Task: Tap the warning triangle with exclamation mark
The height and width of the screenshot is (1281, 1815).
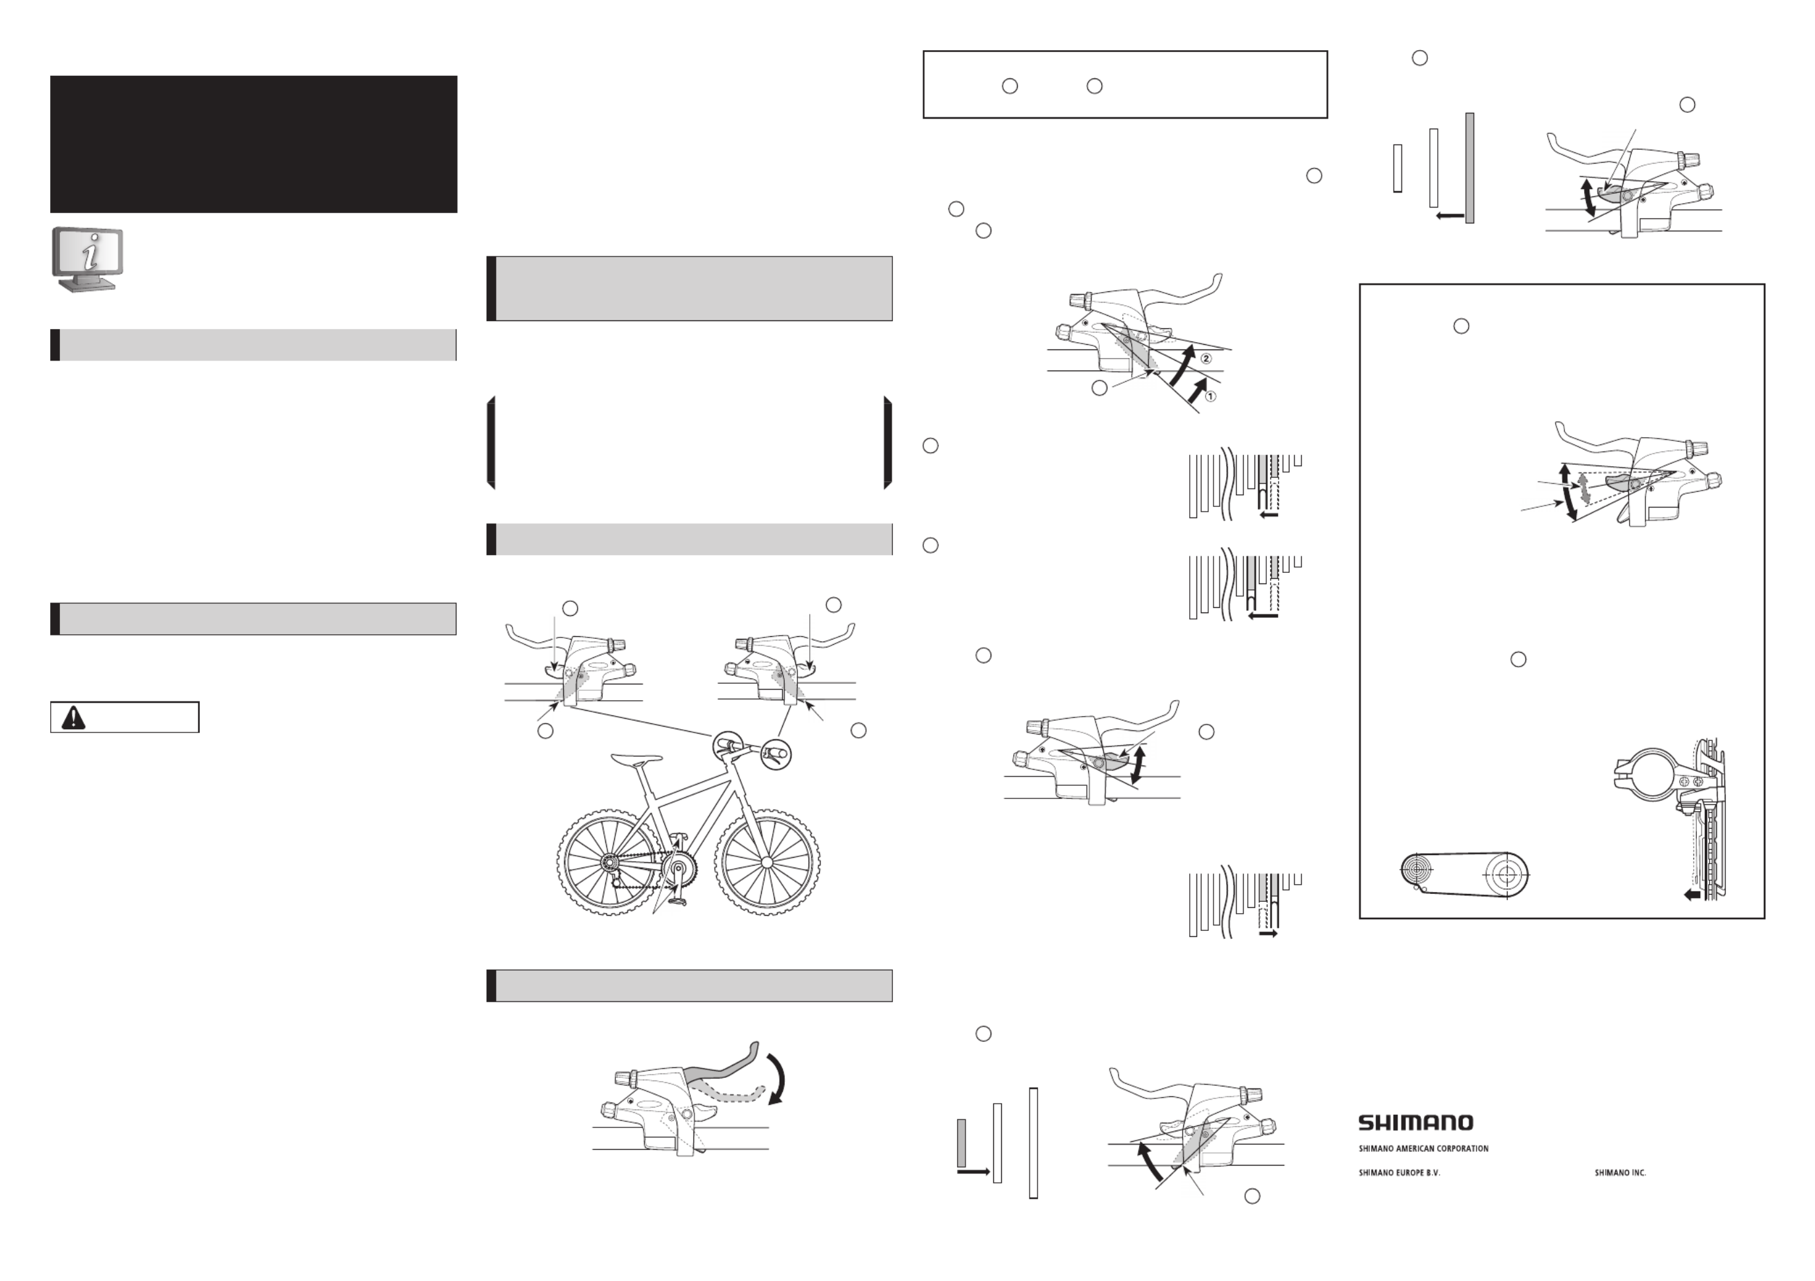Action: tap(73, 717)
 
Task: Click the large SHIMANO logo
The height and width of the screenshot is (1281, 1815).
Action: tap(1416, 1123)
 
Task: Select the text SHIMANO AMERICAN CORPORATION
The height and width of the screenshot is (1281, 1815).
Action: tap(1423, 1149)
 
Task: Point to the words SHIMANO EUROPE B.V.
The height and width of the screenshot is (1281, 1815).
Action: tap(1400, 1174)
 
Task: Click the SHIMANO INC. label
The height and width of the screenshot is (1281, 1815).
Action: tap(1620, 1174)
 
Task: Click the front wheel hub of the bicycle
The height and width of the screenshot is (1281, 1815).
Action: tap(766, 862)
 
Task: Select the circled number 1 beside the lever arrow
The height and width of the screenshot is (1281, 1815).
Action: tap(1210, 396)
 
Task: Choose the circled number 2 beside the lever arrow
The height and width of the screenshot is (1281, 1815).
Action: tap(1206, 359)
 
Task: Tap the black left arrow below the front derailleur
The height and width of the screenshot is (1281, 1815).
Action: tap(1692, 895)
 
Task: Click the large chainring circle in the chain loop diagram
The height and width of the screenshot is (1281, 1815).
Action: tap(1507, 876)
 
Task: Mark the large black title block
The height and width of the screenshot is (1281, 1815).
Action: tap(254, 144)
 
